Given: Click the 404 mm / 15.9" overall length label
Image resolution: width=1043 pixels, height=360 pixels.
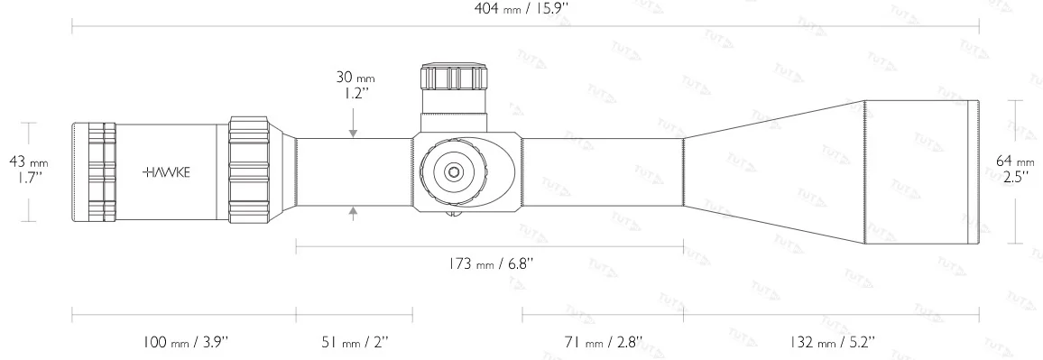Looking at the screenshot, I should click(525, 10).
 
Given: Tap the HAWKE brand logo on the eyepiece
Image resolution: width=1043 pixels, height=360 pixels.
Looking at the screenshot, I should click(166, 171).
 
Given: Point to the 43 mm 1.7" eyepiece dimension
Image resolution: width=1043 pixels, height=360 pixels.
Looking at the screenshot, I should click(28, 169).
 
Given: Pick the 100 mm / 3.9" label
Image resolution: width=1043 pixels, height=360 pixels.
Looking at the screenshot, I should click(185, 342).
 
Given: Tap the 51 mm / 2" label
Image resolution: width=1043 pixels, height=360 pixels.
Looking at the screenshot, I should click(354, 342).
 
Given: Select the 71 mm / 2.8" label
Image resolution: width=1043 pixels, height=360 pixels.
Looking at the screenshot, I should click(602, 342).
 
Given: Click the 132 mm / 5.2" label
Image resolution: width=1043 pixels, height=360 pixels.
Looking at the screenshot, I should click(830, 342).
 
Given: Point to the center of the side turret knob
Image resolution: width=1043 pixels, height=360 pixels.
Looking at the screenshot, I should click(453, 170).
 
